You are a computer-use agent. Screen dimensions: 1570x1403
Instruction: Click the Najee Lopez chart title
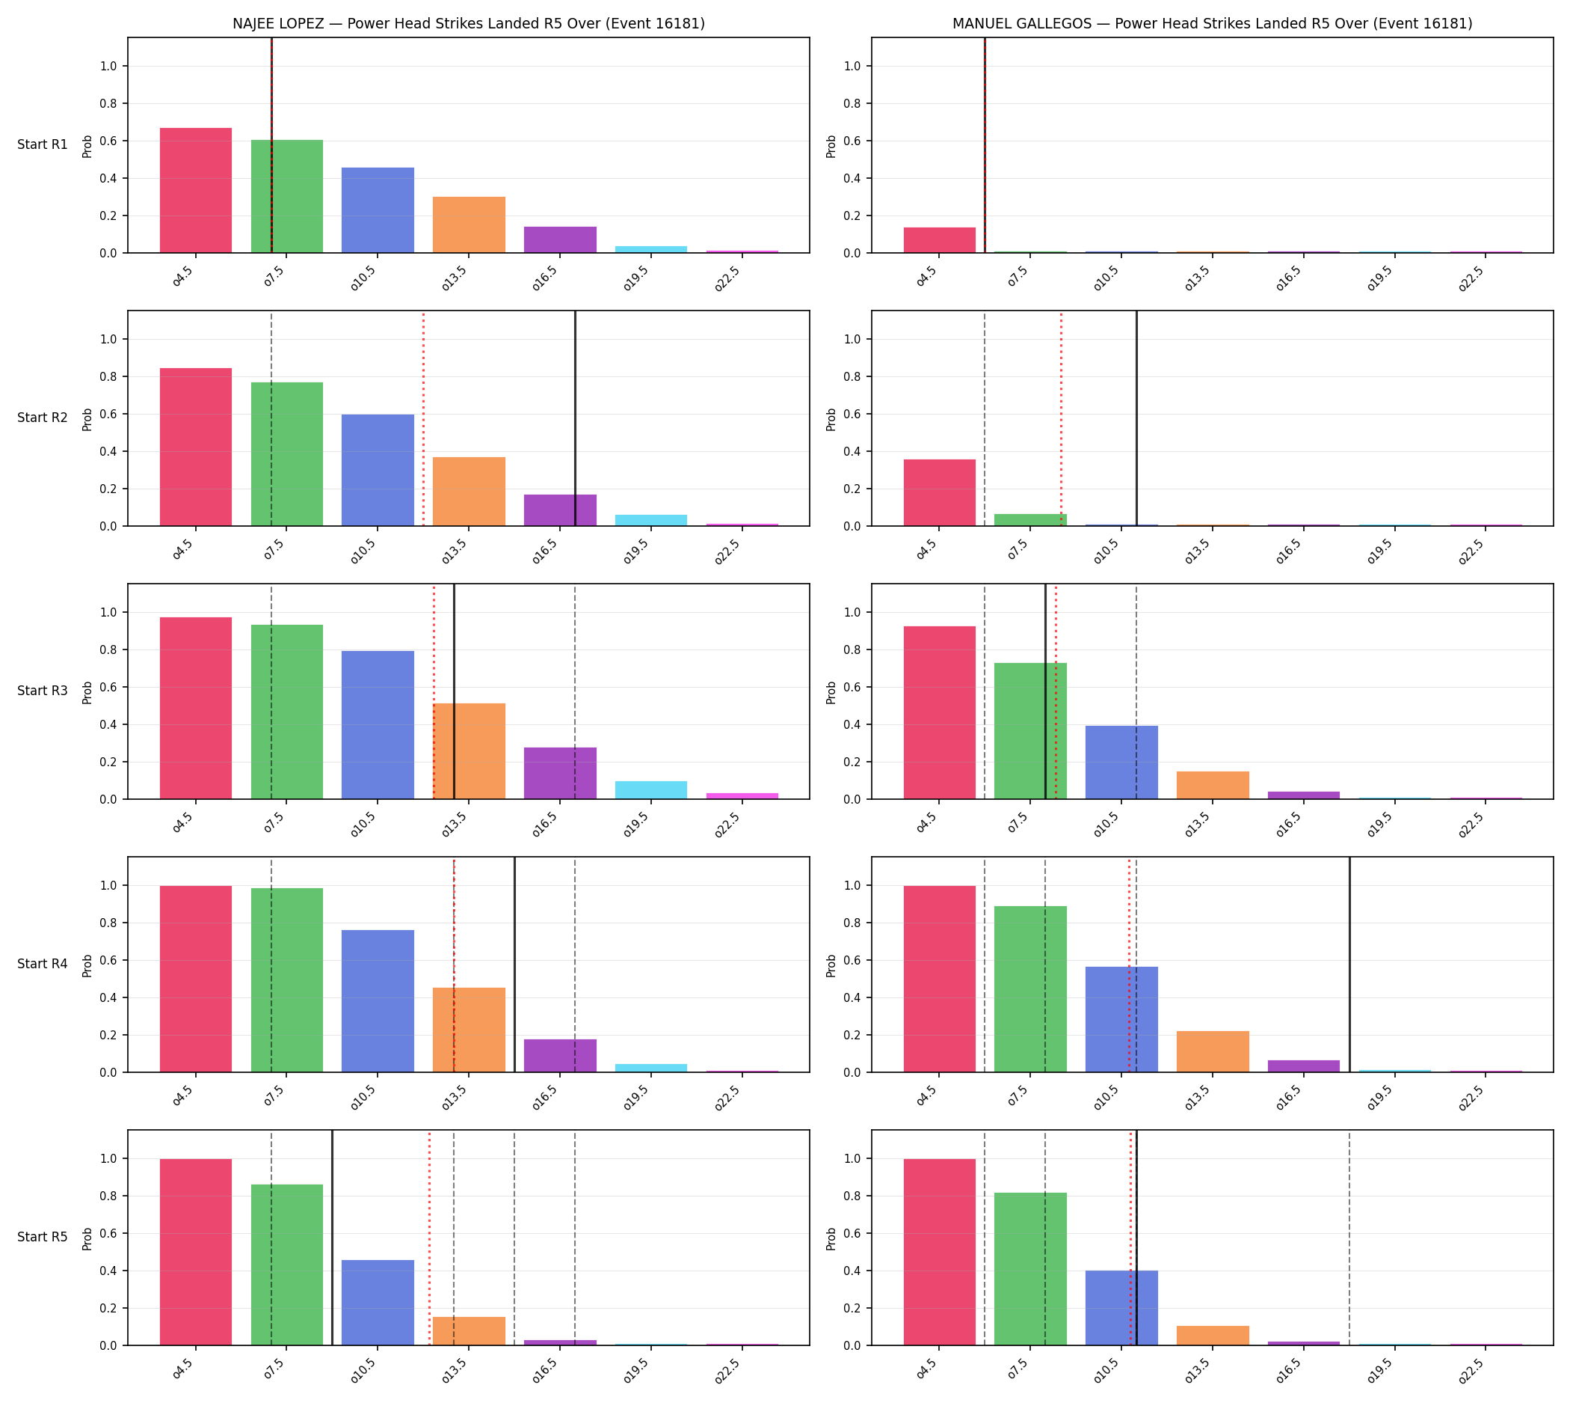pos(468,24)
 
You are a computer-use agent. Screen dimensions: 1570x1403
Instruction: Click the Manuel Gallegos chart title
pos(1212,24)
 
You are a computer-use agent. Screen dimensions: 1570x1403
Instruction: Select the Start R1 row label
pos(43,145)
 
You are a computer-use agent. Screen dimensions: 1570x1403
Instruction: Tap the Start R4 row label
pos(43,964)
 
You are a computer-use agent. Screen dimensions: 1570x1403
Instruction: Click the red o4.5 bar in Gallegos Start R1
pos(939,239)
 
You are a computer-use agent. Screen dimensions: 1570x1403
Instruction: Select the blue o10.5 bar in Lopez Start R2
pos(378,470)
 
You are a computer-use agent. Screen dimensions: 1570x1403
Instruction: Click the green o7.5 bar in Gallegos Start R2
pos(1030,519)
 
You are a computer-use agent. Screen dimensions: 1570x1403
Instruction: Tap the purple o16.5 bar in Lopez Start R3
pos(560,773)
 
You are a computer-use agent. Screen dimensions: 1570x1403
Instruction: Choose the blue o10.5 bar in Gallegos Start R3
pos(1121,762)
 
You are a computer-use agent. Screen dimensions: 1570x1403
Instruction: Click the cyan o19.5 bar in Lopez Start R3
pos(651,790)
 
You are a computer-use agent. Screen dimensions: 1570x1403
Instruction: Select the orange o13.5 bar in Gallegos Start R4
pos(1213,1051)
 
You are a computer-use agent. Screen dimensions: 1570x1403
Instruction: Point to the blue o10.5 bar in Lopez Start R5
pos(378,1303)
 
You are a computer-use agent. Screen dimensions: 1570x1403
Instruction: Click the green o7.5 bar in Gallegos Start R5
pos(1030,1269)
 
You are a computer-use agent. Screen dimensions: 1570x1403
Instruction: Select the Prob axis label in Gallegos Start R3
pos(831,692)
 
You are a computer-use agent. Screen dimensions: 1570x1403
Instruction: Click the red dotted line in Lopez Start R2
pos(423,418)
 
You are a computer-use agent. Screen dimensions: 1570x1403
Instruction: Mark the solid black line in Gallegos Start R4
pos(1349,965)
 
